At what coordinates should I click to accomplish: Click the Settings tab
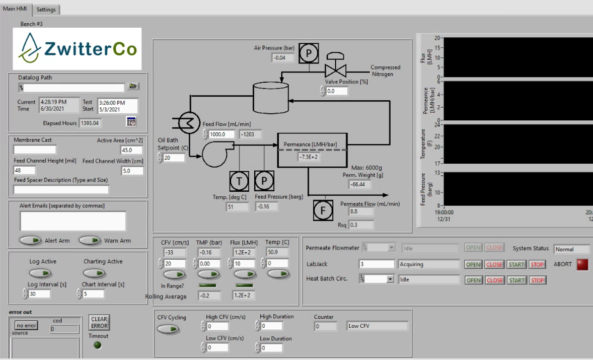click(46, 10)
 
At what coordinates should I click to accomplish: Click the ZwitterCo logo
click(77, 49)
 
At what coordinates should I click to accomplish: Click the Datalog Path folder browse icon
click(133, 87)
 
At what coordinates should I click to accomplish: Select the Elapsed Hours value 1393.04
click(91, 123)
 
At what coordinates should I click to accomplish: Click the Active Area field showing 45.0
click(132, 150)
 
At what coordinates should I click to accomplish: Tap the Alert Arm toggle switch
click(31, 241)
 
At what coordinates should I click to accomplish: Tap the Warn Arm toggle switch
click(90, 241)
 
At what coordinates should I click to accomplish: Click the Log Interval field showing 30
click(39, 294)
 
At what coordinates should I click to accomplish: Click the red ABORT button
click(582, 264)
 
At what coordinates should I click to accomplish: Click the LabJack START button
click(516, 264)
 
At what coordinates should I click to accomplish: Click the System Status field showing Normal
click(571, 249)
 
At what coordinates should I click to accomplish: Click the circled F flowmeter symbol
click(323, 210)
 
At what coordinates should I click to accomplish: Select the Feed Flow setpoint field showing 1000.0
click(222, 134)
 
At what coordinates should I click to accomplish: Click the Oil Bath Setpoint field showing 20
click(174, 158)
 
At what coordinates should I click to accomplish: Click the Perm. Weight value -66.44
click(360, 184)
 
